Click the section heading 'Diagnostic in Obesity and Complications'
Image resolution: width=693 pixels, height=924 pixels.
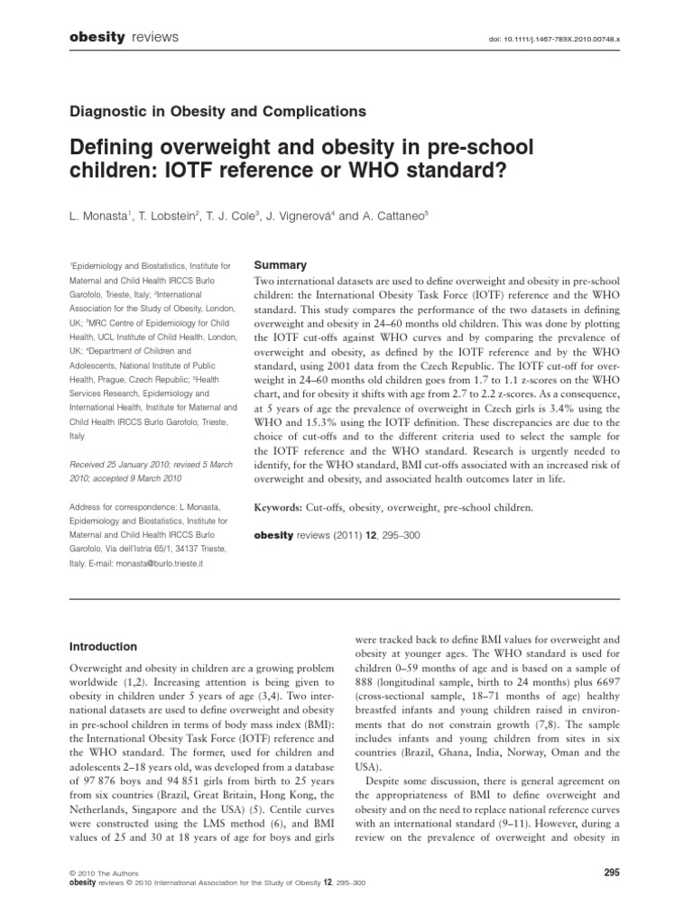[217, 112]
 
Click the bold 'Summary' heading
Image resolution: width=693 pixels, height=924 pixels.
[281, 265]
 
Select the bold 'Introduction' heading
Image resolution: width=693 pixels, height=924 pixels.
[103, 646]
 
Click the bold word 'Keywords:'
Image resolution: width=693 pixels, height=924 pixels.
[283, 507]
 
